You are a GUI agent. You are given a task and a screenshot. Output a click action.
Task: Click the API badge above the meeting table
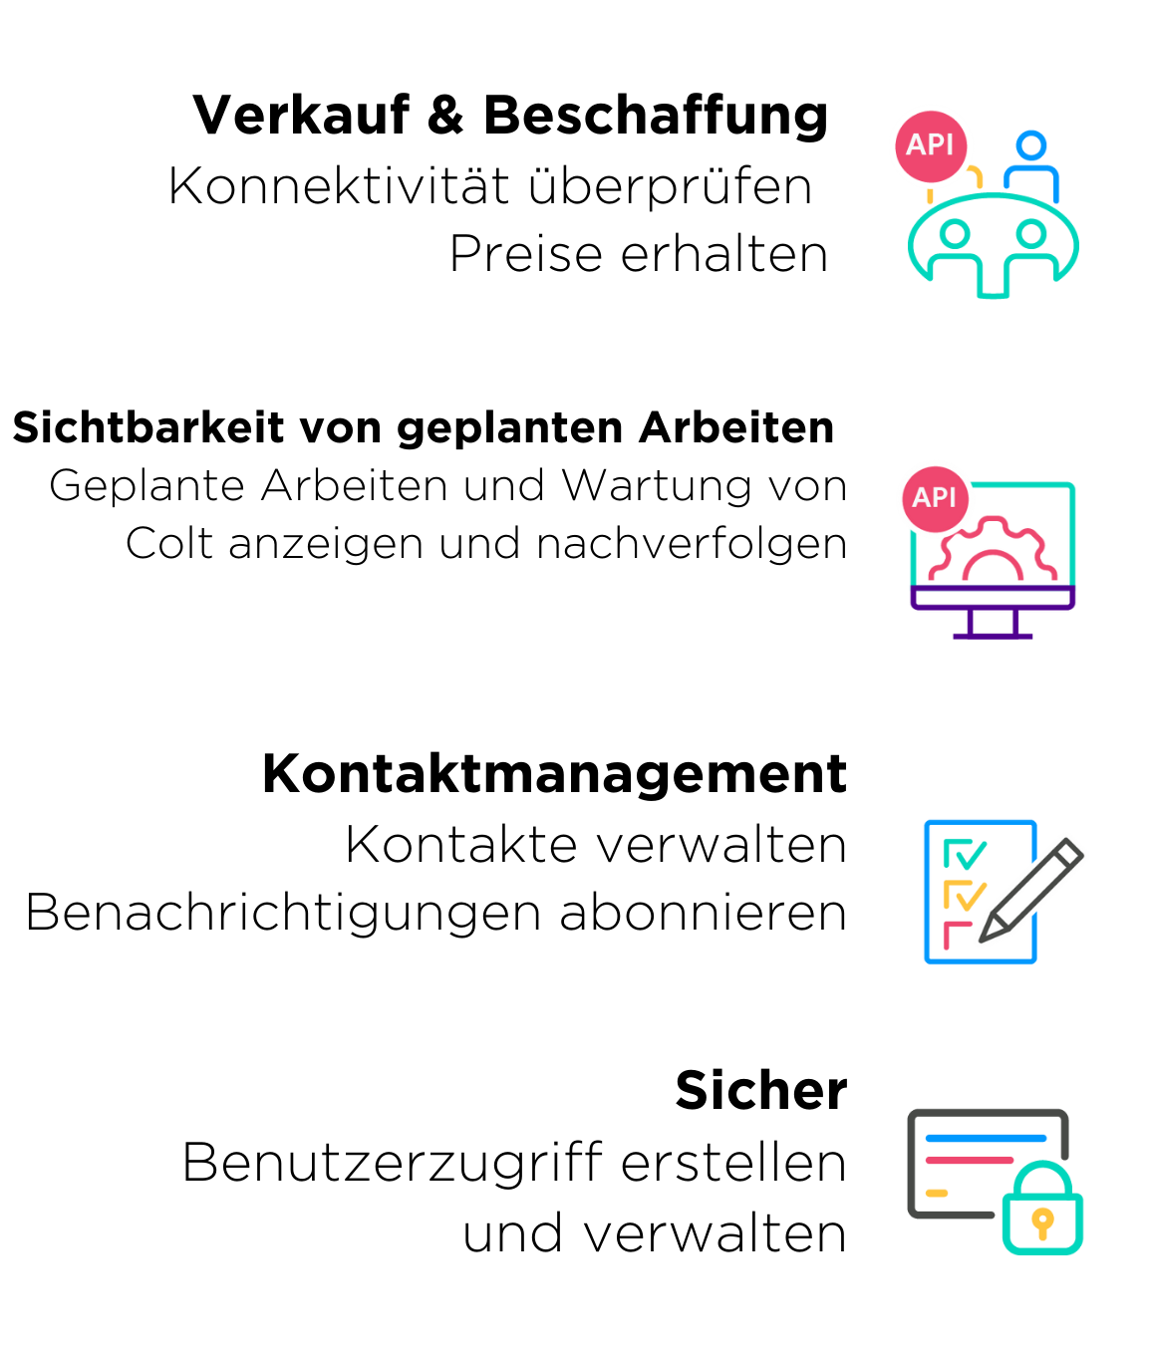pos(931,144)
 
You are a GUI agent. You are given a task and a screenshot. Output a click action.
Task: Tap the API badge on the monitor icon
pos(935,497)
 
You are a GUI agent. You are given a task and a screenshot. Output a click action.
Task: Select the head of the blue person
pos(1031,145)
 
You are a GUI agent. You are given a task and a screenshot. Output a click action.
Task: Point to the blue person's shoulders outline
pos(1032,176)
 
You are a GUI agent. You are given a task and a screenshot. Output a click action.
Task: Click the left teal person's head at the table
pos(955,234)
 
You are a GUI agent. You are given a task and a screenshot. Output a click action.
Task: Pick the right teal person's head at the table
pos(1031,234)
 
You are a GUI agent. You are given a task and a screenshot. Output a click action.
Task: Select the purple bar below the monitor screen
pos(993,598)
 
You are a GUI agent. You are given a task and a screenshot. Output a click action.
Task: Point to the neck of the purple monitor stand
pos(993,623)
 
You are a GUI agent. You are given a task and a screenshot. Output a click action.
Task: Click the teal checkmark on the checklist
pos(969,855)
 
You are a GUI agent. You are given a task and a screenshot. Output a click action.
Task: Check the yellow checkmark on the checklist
pos(969,896)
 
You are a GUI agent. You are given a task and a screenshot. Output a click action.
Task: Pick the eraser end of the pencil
pos(1070,850)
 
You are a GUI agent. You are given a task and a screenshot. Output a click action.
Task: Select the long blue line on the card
pos(986,1138)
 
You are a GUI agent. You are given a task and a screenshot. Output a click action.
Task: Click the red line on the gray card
pos(969,1160)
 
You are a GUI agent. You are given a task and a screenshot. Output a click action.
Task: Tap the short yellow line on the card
pos(937,1193)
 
